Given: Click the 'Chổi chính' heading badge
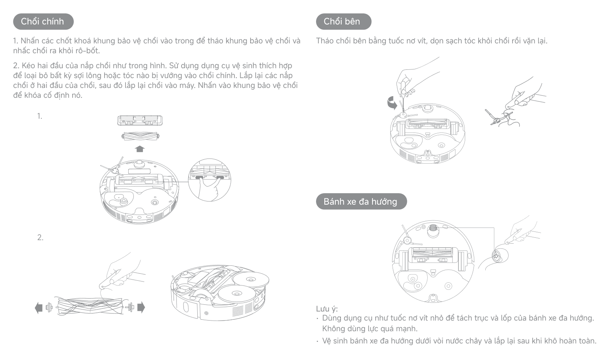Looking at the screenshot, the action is click(x=43, y=22).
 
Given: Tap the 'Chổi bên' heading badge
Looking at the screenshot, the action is click(x=343, y=22).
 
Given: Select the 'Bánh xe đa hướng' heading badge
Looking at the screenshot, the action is click(x=361, y=201).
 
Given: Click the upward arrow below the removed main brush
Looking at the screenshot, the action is click(x=140, y=149).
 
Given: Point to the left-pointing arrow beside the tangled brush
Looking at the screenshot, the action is click(x=39, y=308).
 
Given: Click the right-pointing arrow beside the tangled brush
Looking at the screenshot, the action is click(x=141, y=308).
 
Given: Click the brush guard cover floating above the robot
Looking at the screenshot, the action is click(x=140, y=121).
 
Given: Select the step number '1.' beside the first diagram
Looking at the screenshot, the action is click(x=40, y=116).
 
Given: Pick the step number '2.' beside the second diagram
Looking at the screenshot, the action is click(x=40, y=237).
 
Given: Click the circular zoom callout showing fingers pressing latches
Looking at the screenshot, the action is click(x=210, y=180).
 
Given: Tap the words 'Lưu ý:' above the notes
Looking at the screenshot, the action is click(x=327, y=309).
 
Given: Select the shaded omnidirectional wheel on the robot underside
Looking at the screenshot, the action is click(x=433, y=230).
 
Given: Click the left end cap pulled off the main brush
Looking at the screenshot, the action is click(x=49, y=308).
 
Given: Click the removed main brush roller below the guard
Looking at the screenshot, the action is click(x=140, y=136).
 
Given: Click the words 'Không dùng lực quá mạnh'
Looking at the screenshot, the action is click(x=370, y=329).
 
